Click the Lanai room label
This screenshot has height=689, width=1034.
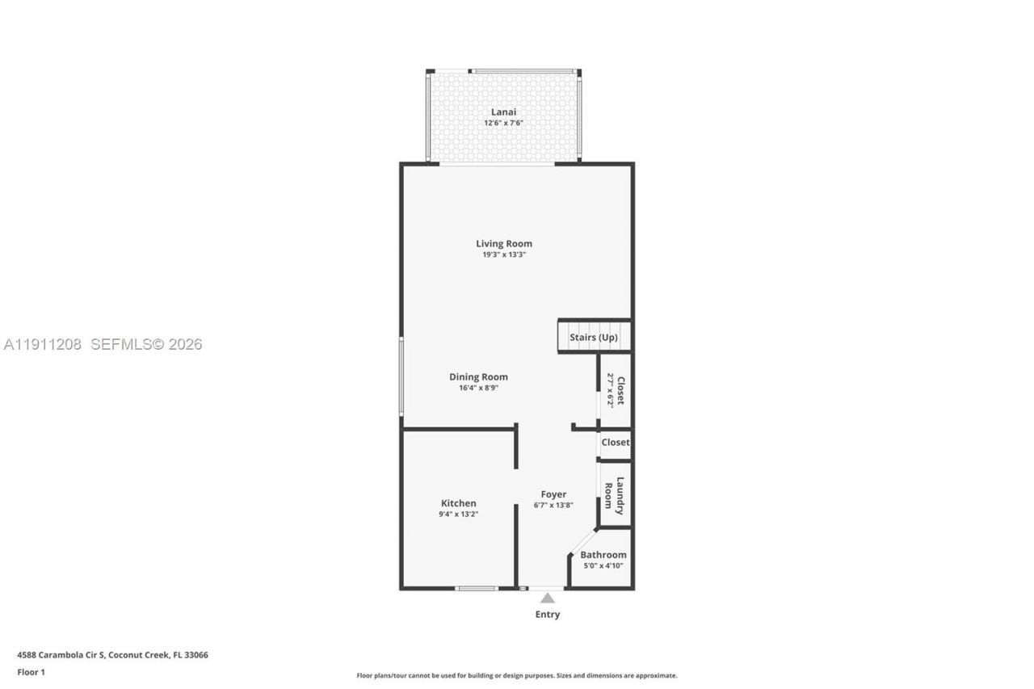tap(503, 112)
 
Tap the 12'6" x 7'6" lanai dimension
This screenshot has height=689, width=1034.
tap(503, 123)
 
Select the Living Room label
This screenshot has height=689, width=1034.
tap(503, 243)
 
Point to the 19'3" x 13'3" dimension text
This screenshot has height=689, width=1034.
tap(503, 254)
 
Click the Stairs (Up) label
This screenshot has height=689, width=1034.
tap(594, 337)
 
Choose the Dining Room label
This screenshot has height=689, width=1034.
tap(478, 376)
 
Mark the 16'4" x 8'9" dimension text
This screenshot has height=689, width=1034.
tap(478, 388)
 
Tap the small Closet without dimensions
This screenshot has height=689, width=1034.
tap(615, 443)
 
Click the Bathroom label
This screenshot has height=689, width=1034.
tap(603, 555)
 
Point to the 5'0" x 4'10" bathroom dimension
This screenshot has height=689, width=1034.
tap(603, 566)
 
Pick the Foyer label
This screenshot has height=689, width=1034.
tap(553, 494)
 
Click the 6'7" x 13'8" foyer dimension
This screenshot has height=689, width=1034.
tap(553, 506)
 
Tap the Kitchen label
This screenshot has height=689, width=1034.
tap(458, 503)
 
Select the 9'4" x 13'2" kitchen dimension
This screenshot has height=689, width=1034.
tap(458, 514)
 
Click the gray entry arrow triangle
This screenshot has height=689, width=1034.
tap(548, 598)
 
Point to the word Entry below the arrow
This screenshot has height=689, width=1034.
tap(548, 615)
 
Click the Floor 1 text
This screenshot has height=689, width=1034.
tap(32, 672)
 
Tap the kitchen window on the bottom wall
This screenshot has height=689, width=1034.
tap(477, 588)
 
